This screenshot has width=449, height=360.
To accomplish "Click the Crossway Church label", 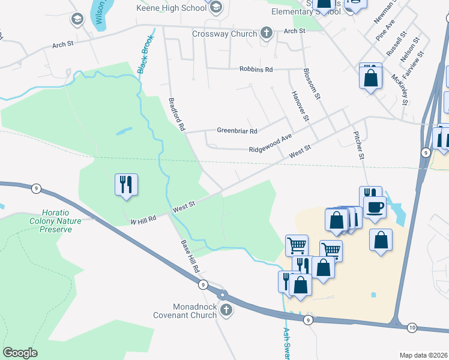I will point(224,34).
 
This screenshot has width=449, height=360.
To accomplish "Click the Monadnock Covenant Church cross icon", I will point(226,310).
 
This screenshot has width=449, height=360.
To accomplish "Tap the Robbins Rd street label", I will point(256,70).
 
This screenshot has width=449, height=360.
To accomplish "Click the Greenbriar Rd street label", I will point(237,131).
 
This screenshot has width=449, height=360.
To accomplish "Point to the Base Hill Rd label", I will point(190,257).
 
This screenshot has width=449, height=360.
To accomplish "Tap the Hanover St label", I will point(299,106).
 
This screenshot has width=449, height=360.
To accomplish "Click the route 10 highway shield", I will point(412,327).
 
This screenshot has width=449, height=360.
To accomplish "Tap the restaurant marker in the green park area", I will point(126,184).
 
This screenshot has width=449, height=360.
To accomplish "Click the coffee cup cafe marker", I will point(375,207).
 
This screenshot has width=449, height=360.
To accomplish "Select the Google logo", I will point(20,353).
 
